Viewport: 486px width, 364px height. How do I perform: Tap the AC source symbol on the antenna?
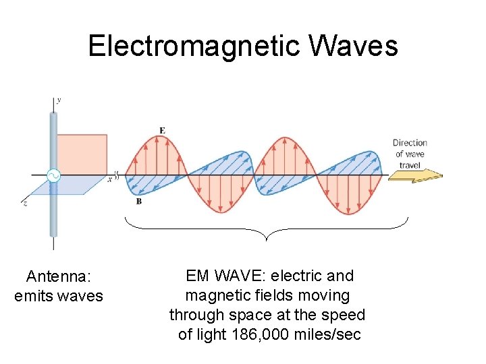click(53, 177)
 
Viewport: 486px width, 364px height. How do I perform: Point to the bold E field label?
click(161, 129)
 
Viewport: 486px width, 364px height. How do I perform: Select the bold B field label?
click(138, 200)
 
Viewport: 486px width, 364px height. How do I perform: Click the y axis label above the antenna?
click(59, 100)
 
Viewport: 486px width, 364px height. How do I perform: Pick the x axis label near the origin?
click(109, 179)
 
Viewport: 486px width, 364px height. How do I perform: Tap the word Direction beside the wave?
click(410, 143)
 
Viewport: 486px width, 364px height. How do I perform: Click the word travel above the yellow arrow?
click(410, 164)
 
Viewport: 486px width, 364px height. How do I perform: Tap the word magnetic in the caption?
click(219, 295)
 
